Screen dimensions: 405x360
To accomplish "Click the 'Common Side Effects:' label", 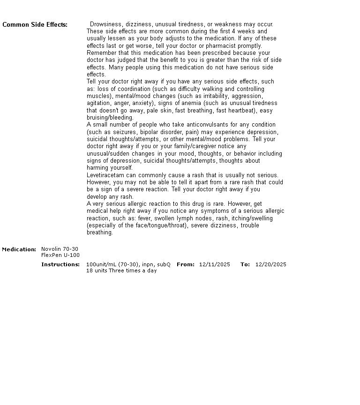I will [x=35, y=25].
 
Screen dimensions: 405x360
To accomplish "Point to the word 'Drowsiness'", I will [x=104, y=24].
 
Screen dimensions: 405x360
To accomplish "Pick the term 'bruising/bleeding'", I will [x=110, y=118].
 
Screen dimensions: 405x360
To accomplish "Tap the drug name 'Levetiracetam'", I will [x=105, y=175].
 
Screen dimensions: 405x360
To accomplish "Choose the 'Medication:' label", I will [x=19, y=249].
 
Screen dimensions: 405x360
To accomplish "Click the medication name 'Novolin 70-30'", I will [x=60, y=249].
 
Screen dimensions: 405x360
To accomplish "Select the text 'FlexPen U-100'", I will [x=60, y=255].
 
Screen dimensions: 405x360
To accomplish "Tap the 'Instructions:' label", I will [x=60, y=264].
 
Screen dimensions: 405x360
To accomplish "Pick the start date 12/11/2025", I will [x=215, y=264].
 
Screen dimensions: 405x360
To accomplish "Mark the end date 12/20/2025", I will [x=271, y=264].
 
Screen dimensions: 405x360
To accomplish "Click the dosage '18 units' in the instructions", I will [x=97, y=270].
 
